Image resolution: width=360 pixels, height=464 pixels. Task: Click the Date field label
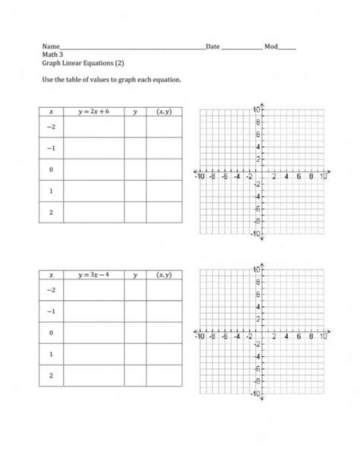coord(213,47)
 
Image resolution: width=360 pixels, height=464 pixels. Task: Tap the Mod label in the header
coord(270,47)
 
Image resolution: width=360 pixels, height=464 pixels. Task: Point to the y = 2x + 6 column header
coord(93,112)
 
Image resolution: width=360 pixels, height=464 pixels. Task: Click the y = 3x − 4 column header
coord(93,274)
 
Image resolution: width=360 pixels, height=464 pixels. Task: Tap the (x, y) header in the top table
coord(163,112)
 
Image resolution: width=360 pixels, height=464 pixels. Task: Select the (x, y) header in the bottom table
coord(163,274)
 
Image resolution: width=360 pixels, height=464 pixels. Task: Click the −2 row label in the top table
coord(51,127)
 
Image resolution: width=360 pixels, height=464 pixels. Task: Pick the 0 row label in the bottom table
coord(51,333)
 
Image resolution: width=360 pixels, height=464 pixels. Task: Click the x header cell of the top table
coord(51,112)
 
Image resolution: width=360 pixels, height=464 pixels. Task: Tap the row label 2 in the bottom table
coord(51,375)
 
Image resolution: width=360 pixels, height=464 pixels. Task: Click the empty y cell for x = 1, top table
coord(135,191)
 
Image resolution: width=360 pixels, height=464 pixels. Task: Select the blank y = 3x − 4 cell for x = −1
coord(93,311)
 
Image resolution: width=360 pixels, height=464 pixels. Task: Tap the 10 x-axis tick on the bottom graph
coord(324,336)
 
